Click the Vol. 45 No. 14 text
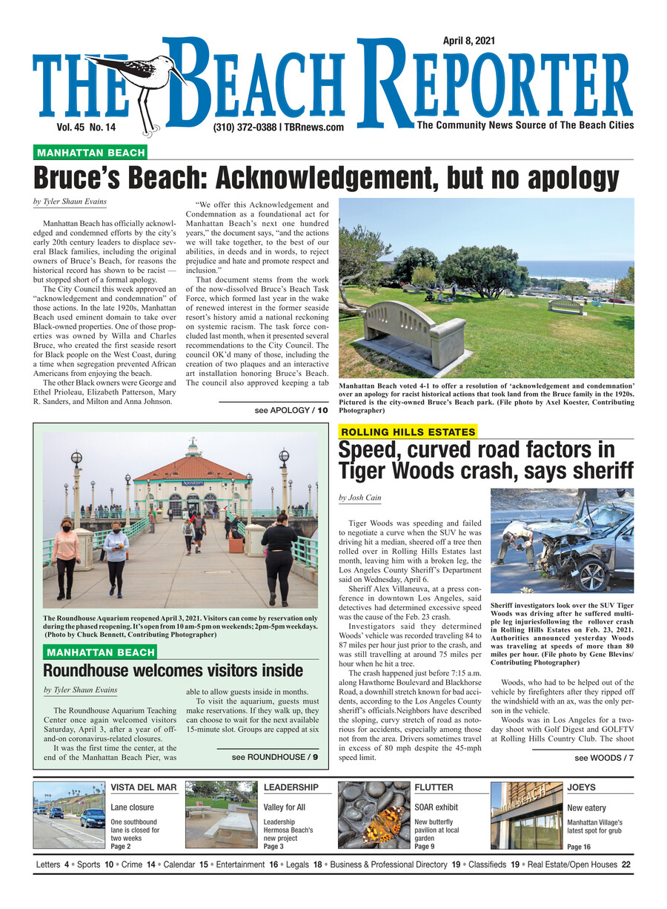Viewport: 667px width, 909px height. (x=86, y=128)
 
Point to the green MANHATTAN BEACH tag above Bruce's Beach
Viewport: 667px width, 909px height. (x=90, y=153)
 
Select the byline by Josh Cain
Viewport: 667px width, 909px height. (x=360, y=498)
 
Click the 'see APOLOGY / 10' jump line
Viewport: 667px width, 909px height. (x=291, y=409)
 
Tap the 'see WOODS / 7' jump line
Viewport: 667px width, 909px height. (x=604, y=758)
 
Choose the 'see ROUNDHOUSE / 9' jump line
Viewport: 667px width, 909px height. (x=275, y=757)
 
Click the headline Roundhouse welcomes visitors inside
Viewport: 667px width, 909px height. (x=173, y=671)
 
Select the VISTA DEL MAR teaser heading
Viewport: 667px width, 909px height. (x=144, y=787)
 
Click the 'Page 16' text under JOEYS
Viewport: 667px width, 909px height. (x=579, y=846)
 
